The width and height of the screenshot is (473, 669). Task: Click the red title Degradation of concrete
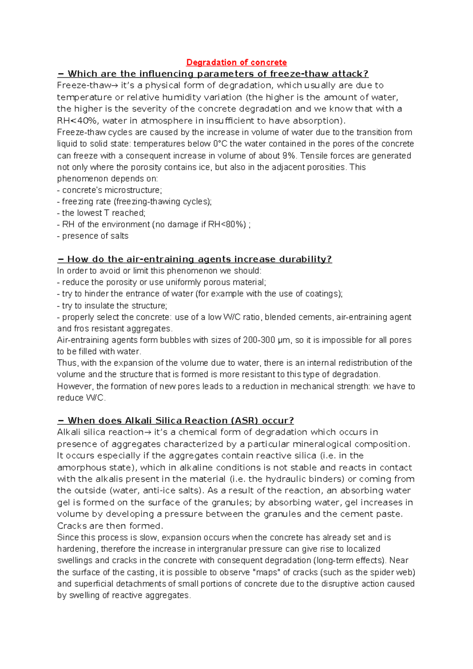[236, 62]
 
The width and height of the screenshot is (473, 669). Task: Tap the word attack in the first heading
[349, 74]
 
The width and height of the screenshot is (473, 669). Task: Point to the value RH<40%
[77, 121]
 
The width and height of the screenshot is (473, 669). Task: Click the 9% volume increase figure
[289, 155]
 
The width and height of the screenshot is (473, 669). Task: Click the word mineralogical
[320, 444]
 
